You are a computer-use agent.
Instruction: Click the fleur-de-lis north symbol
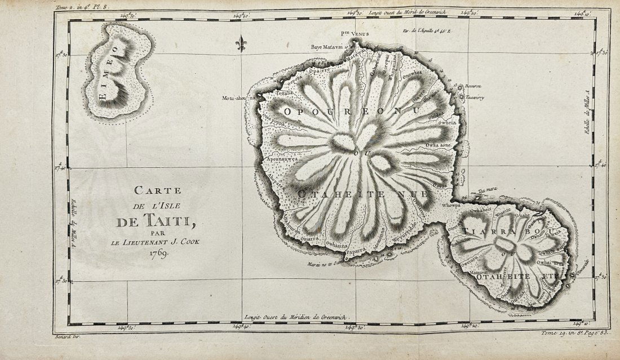241,44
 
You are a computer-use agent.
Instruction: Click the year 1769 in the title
160,253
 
